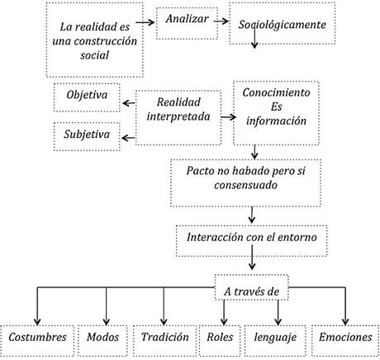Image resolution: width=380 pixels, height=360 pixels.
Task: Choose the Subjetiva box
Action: [x=85, y=132]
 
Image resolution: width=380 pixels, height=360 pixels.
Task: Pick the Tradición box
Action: [x=164, y=339]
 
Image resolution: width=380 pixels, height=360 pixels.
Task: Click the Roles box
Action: [x=221, y=339]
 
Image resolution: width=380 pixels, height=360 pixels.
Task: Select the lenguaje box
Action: [x=278, y=339]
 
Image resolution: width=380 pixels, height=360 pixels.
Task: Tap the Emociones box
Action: [x=344, y=339]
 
